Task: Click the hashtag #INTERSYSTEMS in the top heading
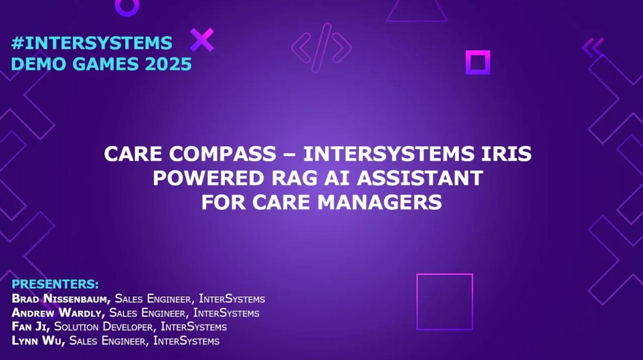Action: (x=92, y=43)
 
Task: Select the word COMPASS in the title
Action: (x=223, y=154)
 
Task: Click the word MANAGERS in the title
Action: (x=379, y=202)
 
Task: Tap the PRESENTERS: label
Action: (x=55, y=284)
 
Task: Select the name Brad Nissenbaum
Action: (x=61, y=299)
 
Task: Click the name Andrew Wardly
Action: (x=58, y=313)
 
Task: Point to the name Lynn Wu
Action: (x=38, y=340)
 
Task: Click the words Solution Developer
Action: (x=103, y=327)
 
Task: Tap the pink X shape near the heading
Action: (x=202, y=40)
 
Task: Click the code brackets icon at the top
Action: (x=321, y=48)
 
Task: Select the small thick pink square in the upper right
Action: (x=478, y=53)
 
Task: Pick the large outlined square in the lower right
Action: (x=445, y=275)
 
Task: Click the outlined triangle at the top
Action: (x=417, y=21)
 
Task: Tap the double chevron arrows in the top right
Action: (x=593, y=48)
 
